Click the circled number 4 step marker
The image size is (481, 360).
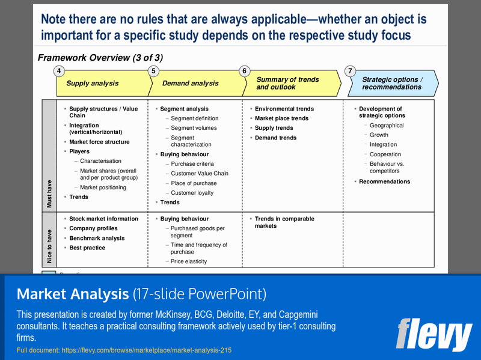click(58, 71)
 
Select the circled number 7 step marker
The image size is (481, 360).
click(350, 71)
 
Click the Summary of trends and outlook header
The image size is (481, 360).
click(287, 84)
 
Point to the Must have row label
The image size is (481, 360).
click(49, 194)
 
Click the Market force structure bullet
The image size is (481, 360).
click(99, 142)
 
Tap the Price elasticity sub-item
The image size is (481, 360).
click(189, 261)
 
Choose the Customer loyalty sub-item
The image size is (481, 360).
click(192, 193)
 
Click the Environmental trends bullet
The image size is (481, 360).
click(284, 109)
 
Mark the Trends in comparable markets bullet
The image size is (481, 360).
click(284, 222)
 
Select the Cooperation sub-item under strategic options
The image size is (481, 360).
click(385, 154)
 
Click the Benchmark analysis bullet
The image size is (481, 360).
click(97, 238)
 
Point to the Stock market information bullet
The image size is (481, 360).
click(103, 219)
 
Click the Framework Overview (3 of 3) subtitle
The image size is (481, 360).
click(100, 58)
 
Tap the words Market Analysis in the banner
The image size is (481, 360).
click(72, 294)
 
